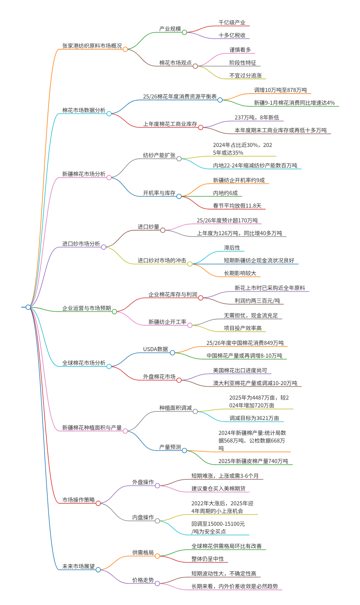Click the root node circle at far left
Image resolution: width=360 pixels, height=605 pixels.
pyautogui.click(x=28, y=307)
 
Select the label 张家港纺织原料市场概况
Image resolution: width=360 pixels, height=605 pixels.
pyautogui.click(x=92, y=46)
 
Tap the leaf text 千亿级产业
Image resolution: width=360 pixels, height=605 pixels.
pyautogui.click(x=232, y=23)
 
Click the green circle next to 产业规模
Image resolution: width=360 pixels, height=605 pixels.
pyautogui.click(x=184, y=32)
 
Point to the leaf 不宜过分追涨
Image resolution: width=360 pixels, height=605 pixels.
pyautogui.click(x=245, y=76)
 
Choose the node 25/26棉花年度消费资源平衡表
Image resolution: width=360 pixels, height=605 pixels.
pyautogui.click(x=180, y=97)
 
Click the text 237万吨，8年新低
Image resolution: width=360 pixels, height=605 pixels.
pyautogui.click(x=257, y=118)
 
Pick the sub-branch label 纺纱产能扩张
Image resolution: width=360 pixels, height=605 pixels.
pyautogui.click(x=159, y=155)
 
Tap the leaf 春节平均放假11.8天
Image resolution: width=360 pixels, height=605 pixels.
pyautogui.click(x=237, y=206)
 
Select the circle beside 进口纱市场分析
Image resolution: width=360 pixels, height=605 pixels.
pyautogui.click(x=104, y=247)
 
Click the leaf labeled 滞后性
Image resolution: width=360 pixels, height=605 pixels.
pyautogui.click(x=232, y=248)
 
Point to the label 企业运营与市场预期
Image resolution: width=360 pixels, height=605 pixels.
pyautogui.click(x=86, y=308)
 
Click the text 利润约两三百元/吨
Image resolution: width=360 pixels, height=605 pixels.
pyautogui.click(x=257, y=301)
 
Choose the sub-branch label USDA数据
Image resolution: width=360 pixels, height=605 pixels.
pyautogui.click(x=155, y=349)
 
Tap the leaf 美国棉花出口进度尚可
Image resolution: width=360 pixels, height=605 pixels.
pyautogui.click(x=240, y=370)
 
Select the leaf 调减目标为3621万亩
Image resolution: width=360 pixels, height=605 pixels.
pyautogui.click(x=254, y=418)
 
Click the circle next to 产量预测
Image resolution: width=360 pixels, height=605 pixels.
pyautogui.click(x=184, y=450)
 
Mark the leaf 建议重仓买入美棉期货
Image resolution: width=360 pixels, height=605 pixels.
pyautogui.click(x=218, y=488)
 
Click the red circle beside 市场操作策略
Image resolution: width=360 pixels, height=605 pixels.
pyautogui.click(x=98, y=503)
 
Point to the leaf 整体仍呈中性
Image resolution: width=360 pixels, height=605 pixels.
pyautogui.click(x=207, y=559)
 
